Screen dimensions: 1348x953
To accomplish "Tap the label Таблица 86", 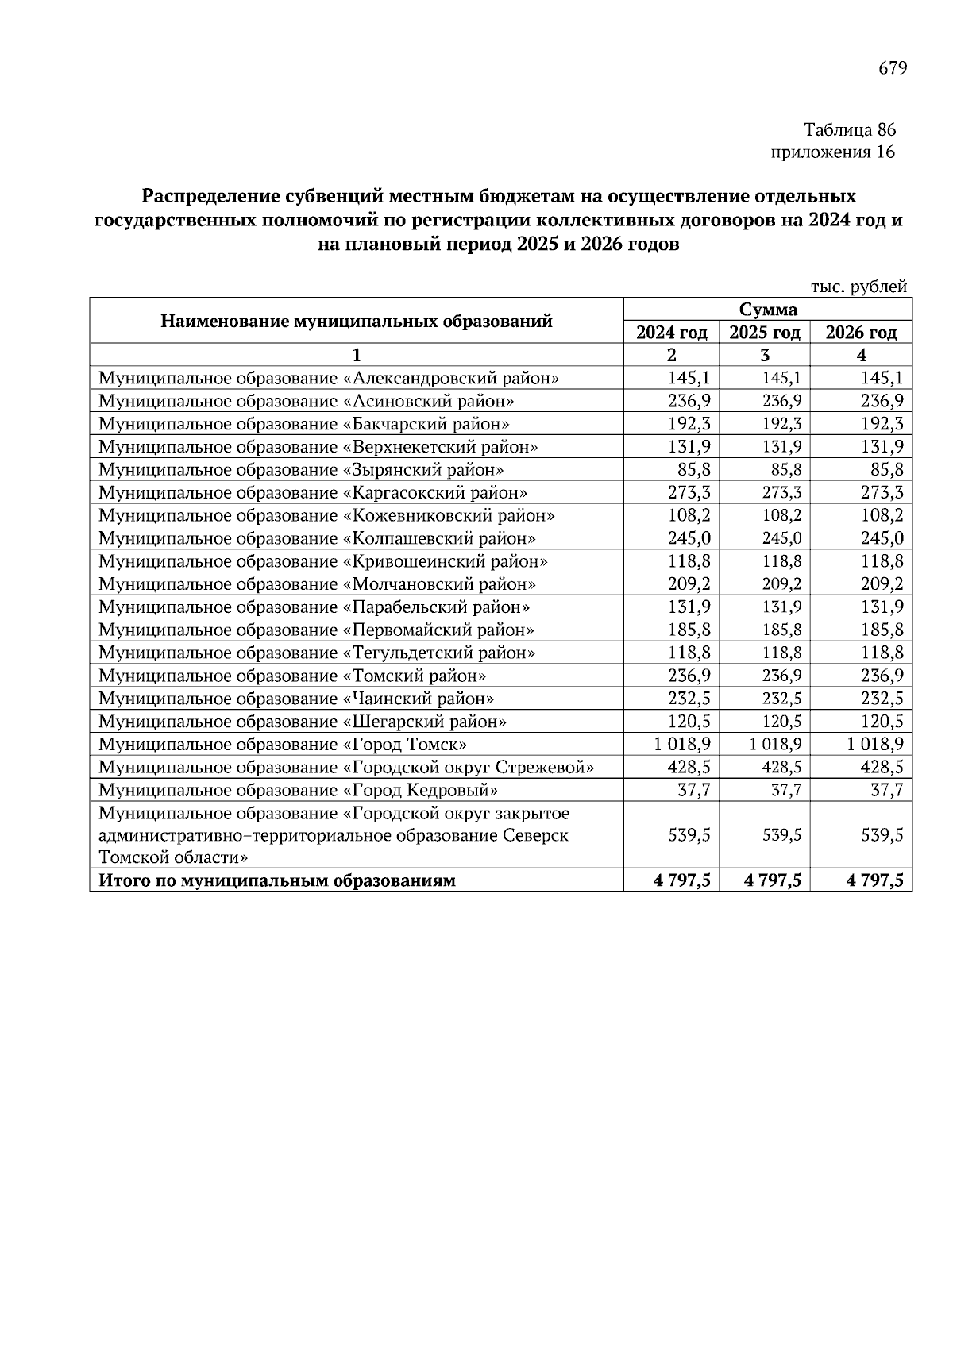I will point(849,129).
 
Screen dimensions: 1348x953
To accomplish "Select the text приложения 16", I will point(833,152).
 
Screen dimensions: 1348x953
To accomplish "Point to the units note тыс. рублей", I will point(858,287).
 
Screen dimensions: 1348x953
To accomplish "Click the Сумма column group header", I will point(767,310).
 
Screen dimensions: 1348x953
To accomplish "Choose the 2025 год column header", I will point(765,333).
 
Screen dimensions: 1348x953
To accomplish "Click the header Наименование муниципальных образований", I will point(356,321).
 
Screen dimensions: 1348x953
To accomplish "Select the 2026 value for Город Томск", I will point(874,744).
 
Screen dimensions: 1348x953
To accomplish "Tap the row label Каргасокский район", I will point(313,492).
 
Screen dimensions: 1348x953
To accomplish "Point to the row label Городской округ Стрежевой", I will point(346,767).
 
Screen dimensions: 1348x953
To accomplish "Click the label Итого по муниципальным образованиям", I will point(277,880).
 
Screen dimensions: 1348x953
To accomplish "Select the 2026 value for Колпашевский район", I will point(882,538).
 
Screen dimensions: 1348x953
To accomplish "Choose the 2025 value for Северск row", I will point(781,835).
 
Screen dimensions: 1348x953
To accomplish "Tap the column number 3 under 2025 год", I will point(765,355).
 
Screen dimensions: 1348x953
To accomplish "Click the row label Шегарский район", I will point(302,722).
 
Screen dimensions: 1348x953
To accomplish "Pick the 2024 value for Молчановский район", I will point(689,584).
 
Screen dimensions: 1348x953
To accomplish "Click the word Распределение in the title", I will point(207,196).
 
